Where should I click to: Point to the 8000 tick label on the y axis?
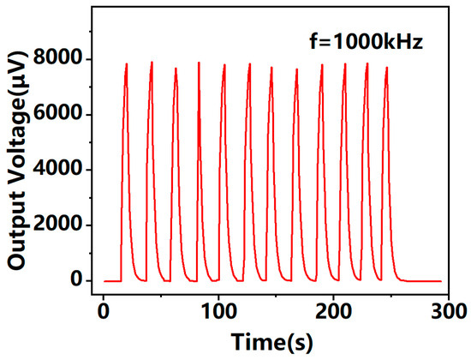[65, 59]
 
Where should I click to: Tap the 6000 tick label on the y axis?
[65, 115]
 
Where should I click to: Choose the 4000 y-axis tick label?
[65, 170]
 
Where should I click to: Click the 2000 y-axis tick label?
[65, 225]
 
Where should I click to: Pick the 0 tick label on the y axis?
[78, 280]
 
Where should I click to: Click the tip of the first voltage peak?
[127, 63]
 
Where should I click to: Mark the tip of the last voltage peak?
[387, 67]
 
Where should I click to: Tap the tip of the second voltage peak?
[152, 62]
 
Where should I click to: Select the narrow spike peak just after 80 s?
[199, 62]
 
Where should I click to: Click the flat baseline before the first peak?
[111, 280]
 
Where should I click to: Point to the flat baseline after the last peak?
[424, 280]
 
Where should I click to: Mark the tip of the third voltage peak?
[176, 68]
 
